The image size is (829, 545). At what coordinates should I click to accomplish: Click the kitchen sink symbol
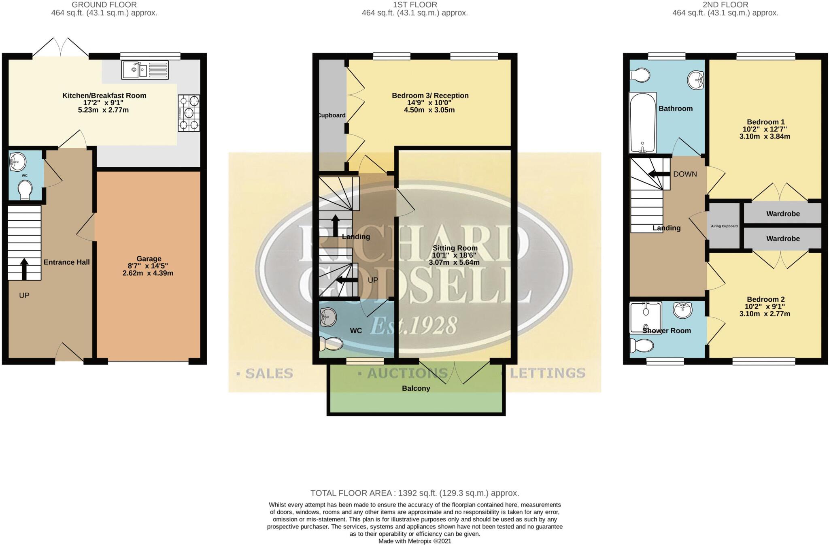click(x=145, y=69)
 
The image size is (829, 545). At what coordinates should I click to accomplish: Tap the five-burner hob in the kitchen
click(x=189, y=113)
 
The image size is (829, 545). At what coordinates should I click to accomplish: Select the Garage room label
click(x=149, y=259)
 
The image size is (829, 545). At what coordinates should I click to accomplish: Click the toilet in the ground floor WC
click(x=25, y=189)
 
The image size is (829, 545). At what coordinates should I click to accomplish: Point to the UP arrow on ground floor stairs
click(x=24, y=269)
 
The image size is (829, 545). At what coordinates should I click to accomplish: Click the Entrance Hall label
click(x=66, y=262)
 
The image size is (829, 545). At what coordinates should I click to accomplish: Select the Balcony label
click(x=416, y=388)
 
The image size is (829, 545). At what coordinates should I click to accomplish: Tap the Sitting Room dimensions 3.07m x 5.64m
click(x=454, y=262)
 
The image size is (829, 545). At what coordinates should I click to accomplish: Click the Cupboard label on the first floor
click(x=332, y=115)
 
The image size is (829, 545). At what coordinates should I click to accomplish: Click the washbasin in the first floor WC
click(x=328, y=317)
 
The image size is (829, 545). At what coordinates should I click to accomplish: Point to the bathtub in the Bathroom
click(x=642, y=123)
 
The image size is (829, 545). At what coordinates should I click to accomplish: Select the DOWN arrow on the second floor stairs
click(x=658, y=174)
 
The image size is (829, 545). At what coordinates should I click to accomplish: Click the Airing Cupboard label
click(x=724, y=226)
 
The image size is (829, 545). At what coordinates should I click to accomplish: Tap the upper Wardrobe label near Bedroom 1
click(x=782, y=214)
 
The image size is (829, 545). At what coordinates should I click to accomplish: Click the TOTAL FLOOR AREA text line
click(x=414, y=493)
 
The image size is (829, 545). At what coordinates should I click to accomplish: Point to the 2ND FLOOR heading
click(x=725, y=5)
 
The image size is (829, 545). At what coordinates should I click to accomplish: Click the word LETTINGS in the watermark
click(x=547, y=373)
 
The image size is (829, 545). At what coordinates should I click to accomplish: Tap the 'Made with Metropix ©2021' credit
click(x=414, y=541)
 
